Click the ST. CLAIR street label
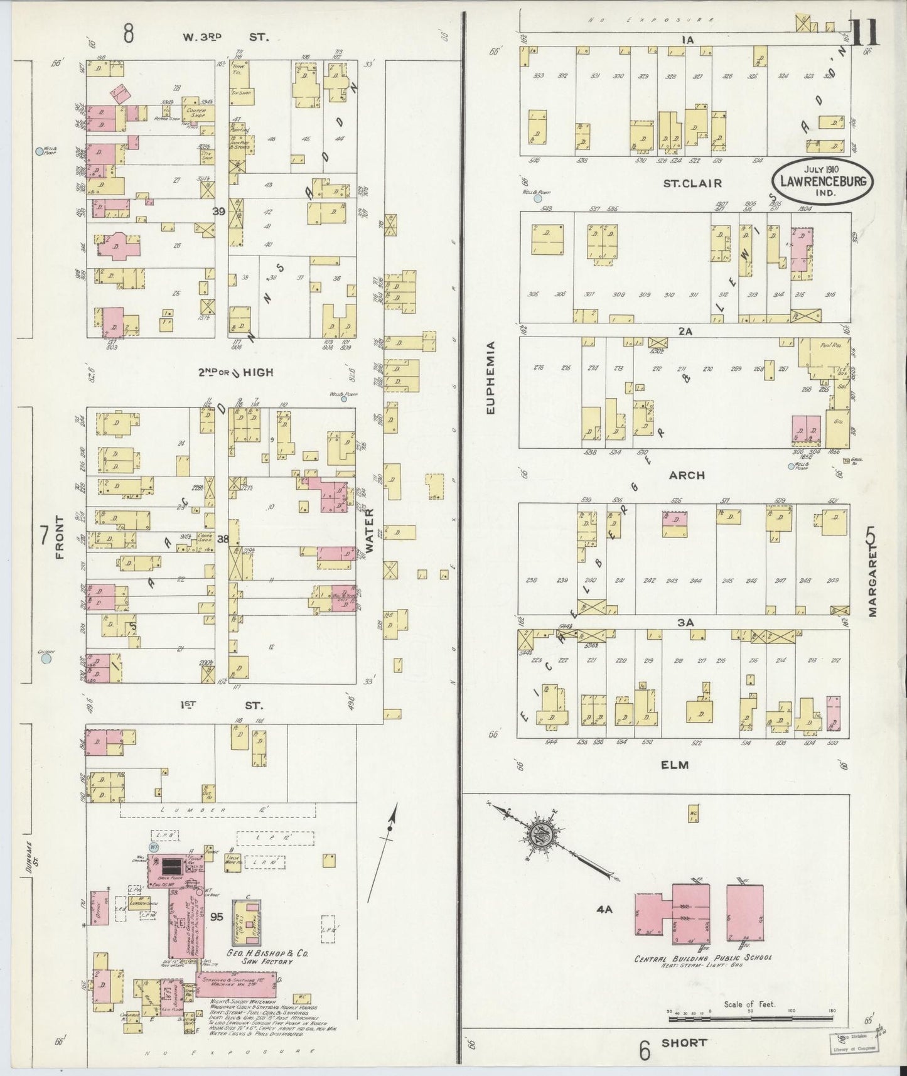click(x=684, y=183)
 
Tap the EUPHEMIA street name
click(x=490, y=377)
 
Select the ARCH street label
click(x=687, y=475)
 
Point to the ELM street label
click(x=675, y=765)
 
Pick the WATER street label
click(x=370, y=530)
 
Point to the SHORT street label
click(x=684, y=1042)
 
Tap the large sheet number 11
click(x=866, y=33)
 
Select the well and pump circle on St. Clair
click(x=537, y=198)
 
